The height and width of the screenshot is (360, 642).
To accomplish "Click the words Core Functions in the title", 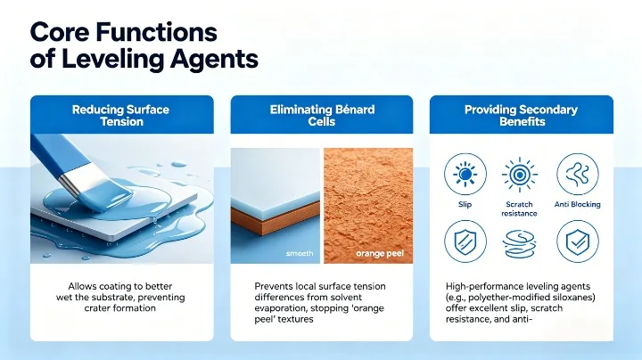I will click(123, 32).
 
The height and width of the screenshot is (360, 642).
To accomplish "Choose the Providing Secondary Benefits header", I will click(521, 116).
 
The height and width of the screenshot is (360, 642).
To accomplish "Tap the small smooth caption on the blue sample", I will click(299, 254).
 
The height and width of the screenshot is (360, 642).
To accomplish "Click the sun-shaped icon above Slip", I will click(465, 173).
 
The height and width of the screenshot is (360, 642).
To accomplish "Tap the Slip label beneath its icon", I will click(465, 204).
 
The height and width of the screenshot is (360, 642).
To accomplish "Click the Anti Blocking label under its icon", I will click(577, 204).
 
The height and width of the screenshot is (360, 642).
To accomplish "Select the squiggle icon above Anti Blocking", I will click(577, 173).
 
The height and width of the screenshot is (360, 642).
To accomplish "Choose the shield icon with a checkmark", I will click(577, 240).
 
